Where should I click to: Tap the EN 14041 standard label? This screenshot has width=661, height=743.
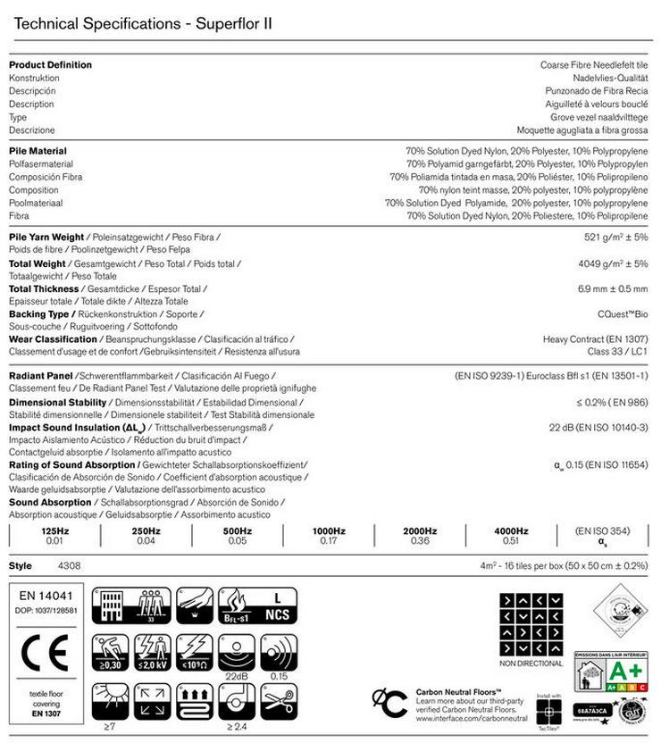pyautogui.click(x=41, y=594)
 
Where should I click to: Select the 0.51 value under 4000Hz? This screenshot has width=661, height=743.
pyautogui.click(x=511, y=540)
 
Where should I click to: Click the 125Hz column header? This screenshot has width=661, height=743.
pyautogui.click(x=55, y=531)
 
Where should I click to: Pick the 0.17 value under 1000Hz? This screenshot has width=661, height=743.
pyautogui.click(x=329, y=540)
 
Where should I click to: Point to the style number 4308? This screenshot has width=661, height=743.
pyautogui.click(x=69, y=566)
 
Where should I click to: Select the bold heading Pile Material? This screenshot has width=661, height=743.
pyautogui.click(x=38, y=152)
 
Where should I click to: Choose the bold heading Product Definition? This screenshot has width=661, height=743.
pyautogui.click(x=50, y=65)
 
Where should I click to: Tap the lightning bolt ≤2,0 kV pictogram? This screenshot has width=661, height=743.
pyautogui.click(x=152, y=652)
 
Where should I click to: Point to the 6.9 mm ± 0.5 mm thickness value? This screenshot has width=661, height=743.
pyautogui.click(x=613, y=289)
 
